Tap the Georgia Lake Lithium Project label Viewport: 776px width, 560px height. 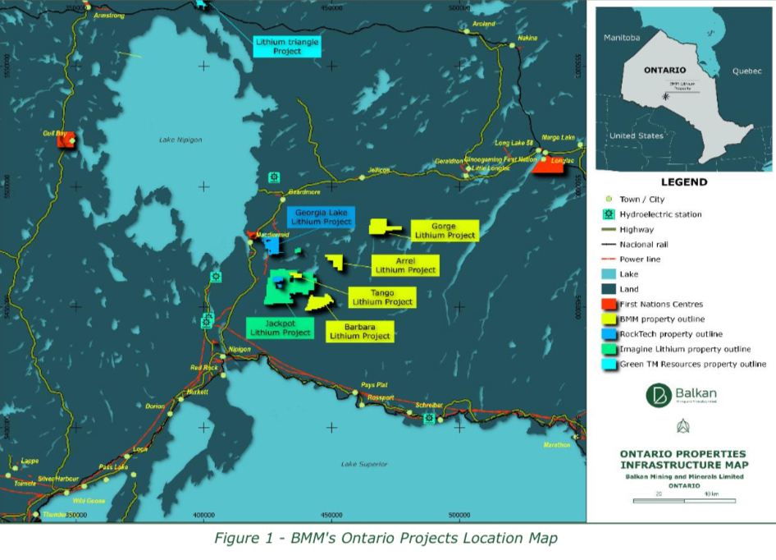(321, 217)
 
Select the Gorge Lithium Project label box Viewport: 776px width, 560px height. (445, 230)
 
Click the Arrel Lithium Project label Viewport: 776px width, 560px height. (405, 265)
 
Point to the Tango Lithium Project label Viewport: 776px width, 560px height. (381, 297)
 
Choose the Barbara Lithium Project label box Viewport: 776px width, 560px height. (360, 331)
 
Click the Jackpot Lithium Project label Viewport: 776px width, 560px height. (281, 328)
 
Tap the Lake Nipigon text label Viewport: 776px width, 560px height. (180, 140)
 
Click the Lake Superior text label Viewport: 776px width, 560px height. (363, 465)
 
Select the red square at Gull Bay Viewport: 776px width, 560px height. (66, 140)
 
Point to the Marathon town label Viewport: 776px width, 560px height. (556, 445)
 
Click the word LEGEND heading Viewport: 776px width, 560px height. (683, 182)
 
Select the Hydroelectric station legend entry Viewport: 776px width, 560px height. (660, 214)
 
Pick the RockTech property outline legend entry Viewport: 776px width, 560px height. (670, 334)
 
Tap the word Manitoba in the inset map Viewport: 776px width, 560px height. (621, 38)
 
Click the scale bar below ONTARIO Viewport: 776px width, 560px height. (682, 500)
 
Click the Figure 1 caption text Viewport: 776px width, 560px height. (386, 539)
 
